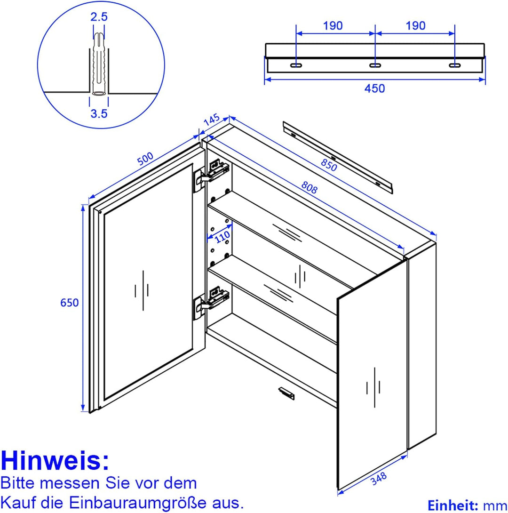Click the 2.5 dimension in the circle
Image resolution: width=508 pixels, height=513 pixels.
99,17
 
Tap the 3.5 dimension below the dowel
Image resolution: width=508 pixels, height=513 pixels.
99,113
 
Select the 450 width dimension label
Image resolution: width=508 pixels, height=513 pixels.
374,88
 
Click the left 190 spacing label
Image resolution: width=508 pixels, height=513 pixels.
333,25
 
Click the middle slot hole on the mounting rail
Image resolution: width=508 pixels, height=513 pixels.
375,65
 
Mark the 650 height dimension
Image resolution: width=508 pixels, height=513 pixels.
70,303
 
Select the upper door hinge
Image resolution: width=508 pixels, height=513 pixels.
212,172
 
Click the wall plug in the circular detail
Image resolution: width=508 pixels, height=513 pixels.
99,64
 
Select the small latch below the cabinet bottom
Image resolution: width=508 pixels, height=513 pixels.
286,393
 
